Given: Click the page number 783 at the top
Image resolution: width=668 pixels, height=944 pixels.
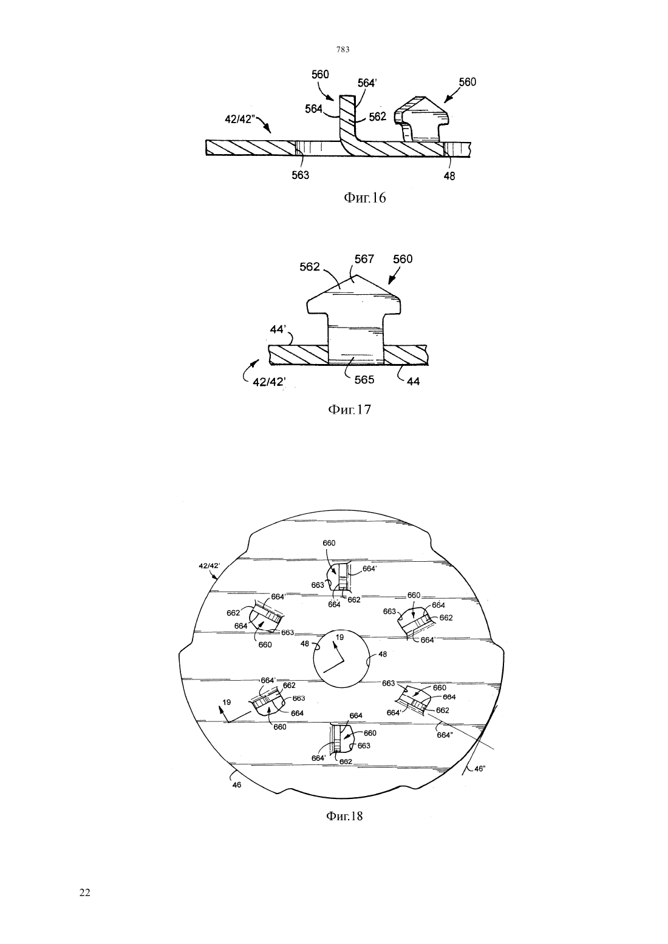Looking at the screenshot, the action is click(x=343, y=50).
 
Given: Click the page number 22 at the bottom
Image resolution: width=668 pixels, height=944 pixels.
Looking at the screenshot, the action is click(x=85, y=892).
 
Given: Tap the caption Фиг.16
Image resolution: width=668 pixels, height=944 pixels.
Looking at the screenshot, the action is click(x=365, y=198).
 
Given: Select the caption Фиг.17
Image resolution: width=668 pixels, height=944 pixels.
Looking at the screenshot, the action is click(x=350, y=409).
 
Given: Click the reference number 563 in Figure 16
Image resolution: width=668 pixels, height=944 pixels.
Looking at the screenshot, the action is click(x=300, y=175).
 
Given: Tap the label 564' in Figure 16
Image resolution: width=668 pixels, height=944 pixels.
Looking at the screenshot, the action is click(x=367, y=84).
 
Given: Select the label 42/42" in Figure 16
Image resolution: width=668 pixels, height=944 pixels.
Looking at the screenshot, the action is click(x=238, y=120).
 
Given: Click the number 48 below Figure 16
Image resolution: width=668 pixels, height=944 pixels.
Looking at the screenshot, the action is click(x=449, y=176).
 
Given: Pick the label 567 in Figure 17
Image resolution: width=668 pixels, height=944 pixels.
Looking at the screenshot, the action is click(x=364, y=259).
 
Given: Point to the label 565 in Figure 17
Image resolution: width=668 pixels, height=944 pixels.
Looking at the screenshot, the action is click(x=364, y=380).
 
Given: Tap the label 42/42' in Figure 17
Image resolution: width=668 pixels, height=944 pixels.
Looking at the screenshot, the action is click(x=270, y=382).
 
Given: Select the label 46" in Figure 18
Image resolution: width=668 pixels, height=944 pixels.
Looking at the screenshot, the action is click(x=480, y=768).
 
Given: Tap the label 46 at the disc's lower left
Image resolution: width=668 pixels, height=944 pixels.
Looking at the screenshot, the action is click(x=237, y=785).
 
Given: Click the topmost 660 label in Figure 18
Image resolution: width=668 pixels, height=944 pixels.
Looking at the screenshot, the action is click(x=329, y=543).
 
